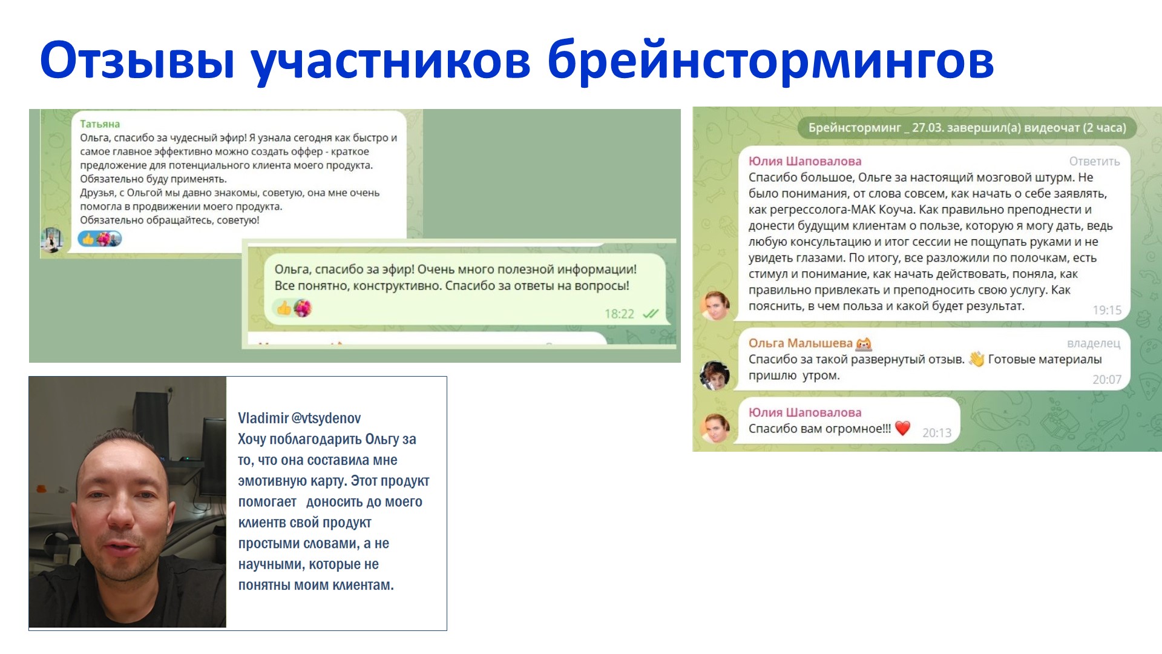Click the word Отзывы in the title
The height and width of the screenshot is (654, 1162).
[137, 61]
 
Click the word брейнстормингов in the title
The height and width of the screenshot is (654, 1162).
[770, 61]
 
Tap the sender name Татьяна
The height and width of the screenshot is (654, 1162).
[100, 124]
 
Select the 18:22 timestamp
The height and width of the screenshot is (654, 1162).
[619, 314]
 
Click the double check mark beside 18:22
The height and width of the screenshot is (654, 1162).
[651, 314]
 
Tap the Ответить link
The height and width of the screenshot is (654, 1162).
[1094, 162]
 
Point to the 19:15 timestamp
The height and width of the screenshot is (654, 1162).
[1107, 310]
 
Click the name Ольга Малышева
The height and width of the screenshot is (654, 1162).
[800, 343]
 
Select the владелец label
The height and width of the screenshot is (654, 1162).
[1094, 343]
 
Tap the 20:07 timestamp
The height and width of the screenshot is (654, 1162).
[1107, 380]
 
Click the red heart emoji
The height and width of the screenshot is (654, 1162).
[902, 428]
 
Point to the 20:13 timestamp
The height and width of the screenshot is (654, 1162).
[937, 432]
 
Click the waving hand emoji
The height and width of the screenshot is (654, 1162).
[976, 359]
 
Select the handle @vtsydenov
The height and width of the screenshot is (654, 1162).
[326, 418]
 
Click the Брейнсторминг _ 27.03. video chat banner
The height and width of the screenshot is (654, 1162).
[967, 128]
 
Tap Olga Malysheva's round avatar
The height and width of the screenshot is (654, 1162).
[715, 375]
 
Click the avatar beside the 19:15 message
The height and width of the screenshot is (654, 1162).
[715, 305]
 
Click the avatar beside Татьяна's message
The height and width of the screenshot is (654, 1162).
[52, 240]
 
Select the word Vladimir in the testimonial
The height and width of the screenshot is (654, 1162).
[263, 418]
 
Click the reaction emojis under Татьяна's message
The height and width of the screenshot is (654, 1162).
[100, 239]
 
